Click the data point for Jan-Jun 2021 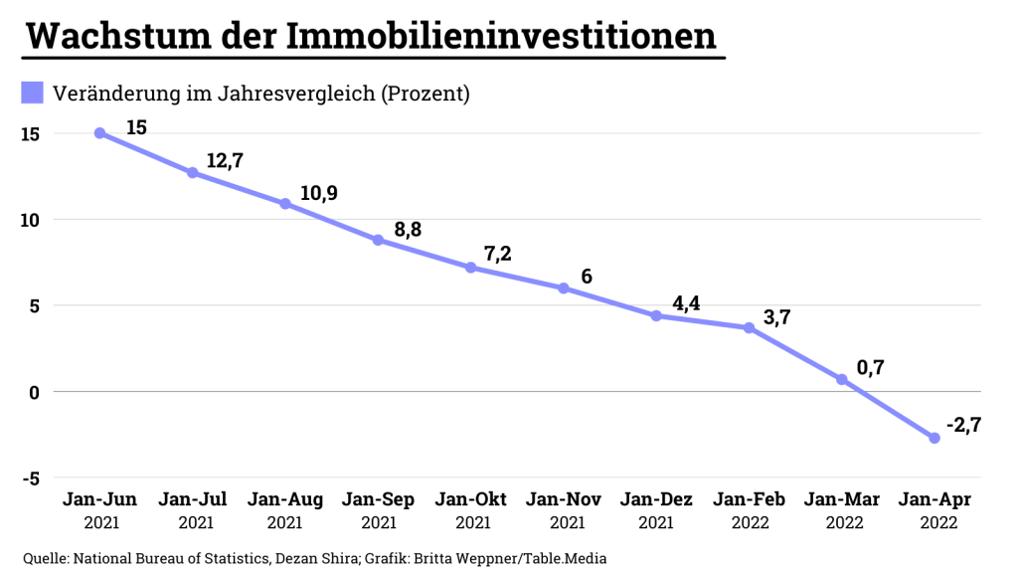99,132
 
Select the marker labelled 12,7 192,172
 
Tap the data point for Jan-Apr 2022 934,438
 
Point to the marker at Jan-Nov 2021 564,288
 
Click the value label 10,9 318,193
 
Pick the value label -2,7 965,425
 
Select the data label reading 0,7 870,367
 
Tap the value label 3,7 777,316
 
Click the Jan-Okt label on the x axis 473,499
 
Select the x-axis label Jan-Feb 751,499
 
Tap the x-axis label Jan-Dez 656,499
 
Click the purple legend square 33,94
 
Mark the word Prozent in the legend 424,95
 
